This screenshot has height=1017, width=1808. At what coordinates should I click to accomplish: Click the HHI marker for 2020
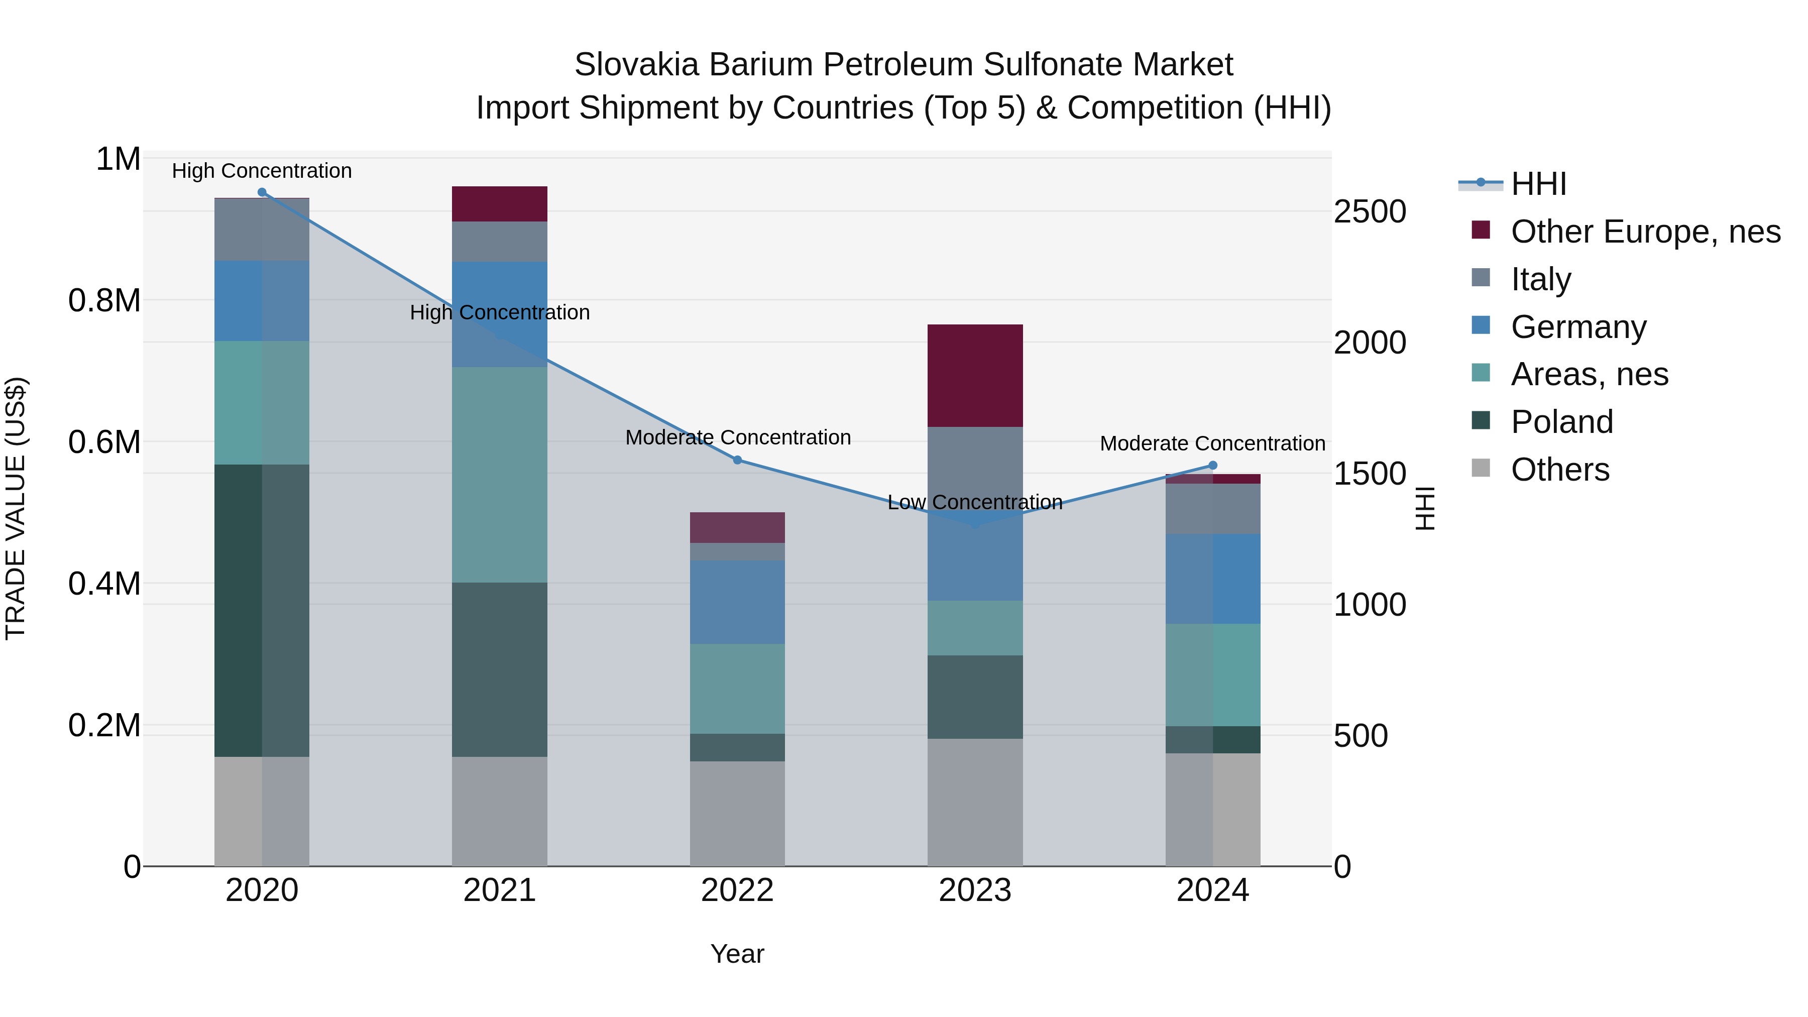click(262, 192)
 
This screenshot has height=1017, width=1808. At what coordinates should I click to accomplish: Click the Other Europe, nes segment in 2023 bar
click(975, 376)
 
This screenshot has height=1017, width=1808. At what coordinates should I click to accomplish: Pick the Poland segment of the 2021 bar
click(499, 669)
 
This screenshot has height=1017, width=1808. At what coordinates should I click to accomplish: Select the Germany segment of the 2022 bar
click(737, 602)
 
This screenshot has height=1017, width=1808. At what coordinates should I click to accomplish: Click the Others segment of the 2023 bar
click(975, 802)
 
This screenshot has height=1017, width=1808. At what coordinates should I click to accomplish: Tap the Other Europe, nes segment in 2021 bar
click(499, 203)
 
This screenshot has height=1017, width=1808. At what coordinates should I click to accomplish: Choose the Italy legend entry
click(1541, 279)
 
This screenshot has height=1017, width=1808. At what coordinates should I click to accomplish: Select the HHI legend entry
click(1538, 184)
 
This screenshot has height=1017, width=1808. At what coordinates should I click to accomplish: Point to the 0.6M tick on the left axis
click(104, 442)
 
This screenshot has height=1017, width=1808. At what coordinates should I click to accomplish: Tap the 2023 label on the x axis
click(975, 890)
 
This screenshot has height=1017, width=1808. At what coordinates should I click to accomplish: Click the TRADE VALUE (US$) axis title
click(16, 508)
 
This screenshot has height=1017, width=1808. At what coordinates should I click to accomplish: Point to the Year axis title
click(737, 954)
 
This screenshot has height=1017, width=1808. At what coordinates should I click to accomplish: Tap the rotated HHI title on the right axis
click(1425, 508)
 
